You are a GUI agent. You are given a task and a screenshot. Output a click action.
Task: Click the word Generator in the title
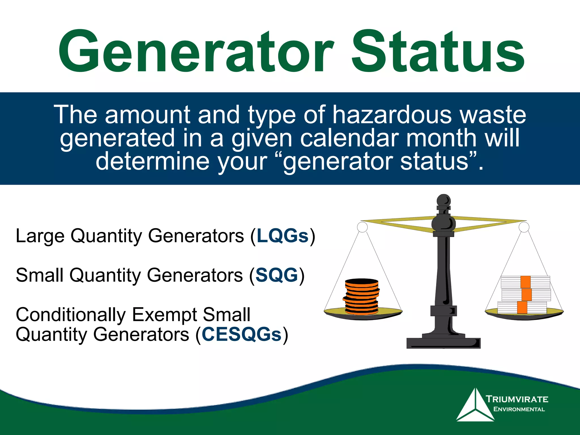tap(195, 52)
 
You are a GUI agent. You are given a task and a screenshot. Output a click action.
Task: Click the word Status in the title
tap(438, 52)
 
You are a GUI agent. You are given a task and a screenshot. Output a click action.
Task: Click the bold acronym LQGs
tap(282, 236)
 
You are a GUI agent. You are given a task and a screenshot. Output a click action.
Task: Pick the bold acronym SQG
tap(277, 275)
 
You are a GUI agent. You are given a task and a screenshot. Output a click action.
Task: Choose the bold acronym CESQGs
tap(242, 334)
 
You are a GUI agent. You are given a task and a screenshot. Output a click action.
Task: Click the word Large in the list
tap(40, 236)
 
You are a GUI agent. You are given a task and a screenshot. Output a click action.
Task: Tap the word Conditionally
tap(71, 314)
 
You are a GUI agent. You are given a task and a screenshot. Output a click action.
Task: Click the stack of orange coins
tap(361, 297)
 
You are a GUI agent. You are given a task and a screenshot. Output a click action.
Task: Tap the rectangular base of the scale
tap(443, 343)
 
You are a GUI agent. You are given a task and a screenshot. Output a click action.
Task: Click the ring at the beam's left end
tap(362, 227)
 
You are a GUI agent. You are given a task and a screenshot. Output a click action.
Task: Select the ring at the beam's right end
tap(524, 227)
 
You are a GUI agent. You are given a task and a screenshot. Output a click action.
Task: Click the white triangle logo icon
tap(475, 406)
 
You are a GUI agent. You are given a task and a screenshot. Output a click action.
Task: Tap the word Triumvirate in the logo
tap(517, 399)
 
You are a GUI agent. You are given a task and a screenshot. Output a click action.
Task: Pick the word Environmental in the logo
tap(519, 409)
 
